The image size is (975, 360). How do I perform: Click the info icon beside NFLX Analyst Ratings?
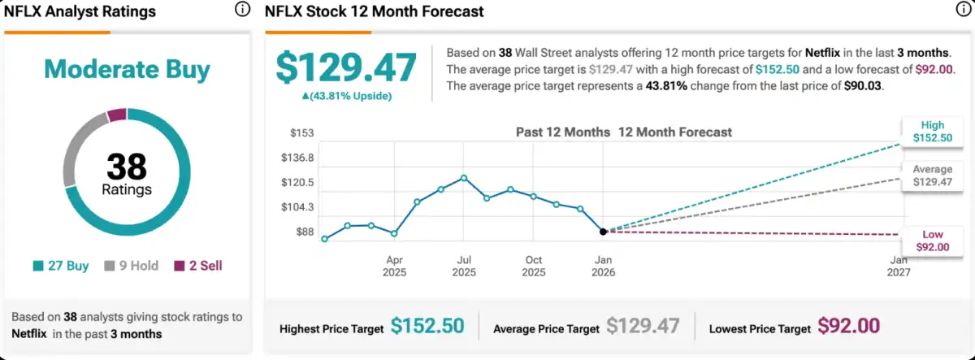click(242, 10)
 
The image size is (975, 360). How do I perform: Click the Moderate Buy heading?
click(127, 69)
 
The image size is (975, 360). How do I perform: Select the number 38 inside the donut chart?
click(127, 167)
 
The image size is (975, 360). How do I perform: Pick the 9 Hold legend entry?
click(131, 266)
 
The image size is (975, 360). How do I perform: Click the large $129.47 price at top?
click(346, 68)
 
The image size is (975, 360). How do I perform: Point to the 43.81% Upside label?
click(346, 96)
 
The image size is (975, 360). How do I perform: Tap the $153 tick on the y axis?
click(302, 132)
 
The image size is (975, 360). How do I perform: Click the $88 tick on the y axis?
click(304, 232)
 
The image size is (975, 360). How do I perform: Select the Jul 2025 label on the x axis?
click(464, 266)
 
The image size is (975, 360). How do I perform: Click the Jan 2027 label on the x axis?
click(899, 266)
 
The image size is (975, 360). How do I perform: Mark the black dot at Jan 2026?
click(603, 232)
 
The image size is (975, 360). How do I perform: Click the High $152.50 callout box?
click(932, 132)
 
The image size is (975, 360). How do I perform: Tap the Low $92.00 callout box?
click(932, 241)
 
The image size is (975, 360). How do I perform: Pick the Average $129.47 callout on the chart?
click(932, 176)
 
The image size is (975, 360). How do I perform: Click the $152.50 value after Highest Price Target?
click(427, 327)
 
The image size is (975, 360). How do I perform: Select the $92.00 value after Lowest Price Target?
click(848, 327)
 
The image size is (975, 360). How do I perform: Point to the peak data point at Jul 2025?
click(463, 177)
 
